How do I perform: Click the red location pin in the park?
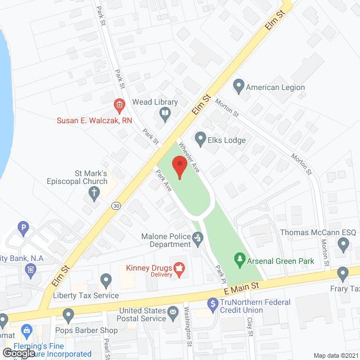[179, 168]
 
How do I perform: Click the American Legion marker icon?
[238, 87]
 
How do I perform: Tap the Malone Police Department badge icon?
[198, 239]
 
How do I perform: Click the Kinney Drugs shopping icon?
[179, 269]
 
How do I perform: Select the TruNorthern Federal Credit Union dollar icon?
[213, 304]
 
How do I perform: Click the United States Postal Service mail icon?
[173, 311]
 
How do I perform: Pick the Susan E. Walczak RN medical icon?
[119, 105]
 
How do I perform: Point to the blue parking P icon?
[24, 228]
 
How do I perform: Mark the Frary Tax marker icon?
[343, 274]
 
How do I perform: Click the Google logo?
[18, 353]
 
